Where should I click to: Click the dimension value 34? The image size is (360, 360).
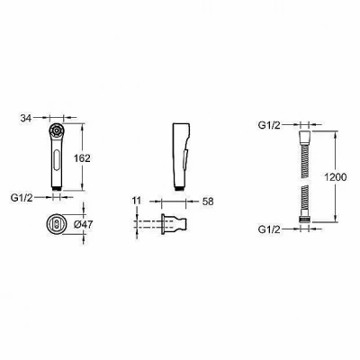(x=26, y=118)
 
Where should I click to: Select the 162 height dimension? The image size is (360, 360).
(x=82, y=158)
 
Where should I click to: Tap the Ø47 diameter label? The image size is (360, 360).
(x=83, y=224)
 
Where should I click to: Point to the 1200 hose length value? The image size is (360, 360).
(x=336, y=177)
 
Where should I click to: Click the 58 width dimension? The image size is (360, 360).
(x=208, y=202)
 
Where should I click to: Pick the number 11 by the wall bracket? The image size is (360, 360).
(x=136, y=201)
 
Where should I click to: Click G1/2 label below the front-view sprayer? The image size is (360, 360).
(x=22, y=198)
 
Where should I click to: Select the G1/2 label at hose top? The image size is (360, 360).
(x=269, y=125)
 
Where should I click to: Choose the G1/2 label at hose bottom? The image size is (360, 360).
(x=269, y=229)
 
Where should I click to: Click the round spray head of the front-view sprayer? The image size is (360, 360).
(x=56, y=130)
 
